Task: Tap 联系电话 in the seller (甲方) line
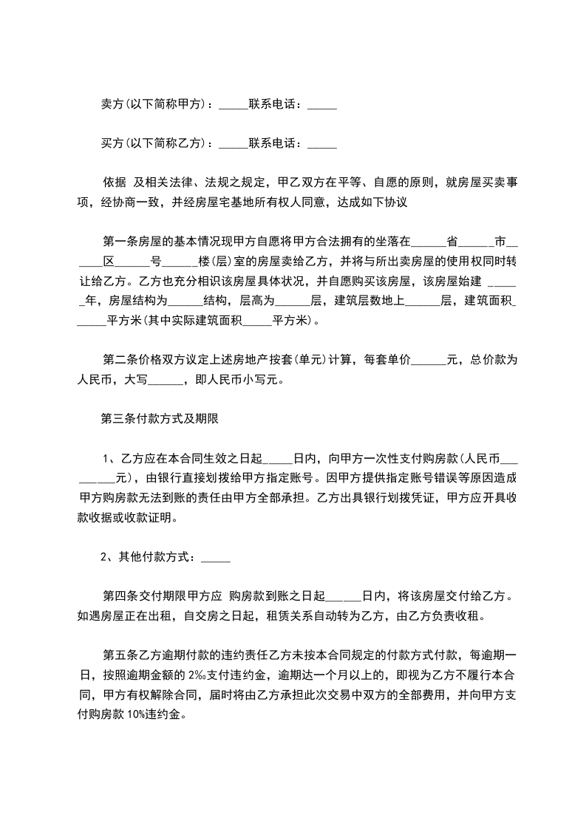click(274, 106)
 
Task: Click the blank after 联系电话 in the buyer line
click(321, 142)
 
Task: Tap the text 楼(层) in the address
click(215, 262)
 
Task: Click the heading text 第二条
click(119, 361)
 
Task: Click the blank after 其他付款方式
click(215, 557)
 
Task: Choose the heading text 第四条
click(119, 596)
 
